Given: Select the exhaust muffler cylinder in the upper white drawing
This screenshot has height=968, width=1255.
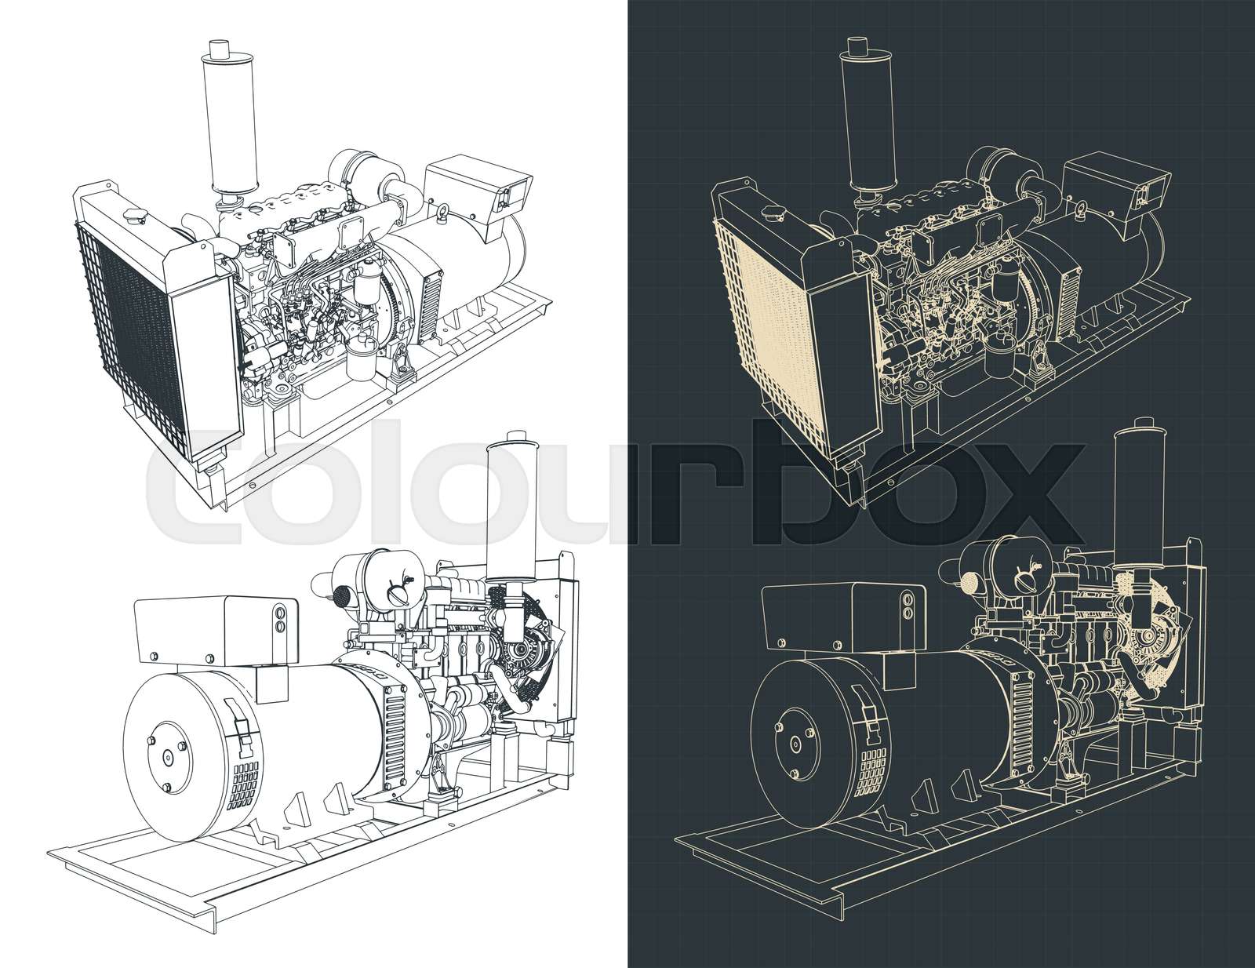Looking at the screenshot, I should (220, 122).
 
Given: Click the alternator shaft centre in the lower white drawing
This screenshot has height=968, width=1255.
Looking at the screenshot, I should (169, 757).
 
